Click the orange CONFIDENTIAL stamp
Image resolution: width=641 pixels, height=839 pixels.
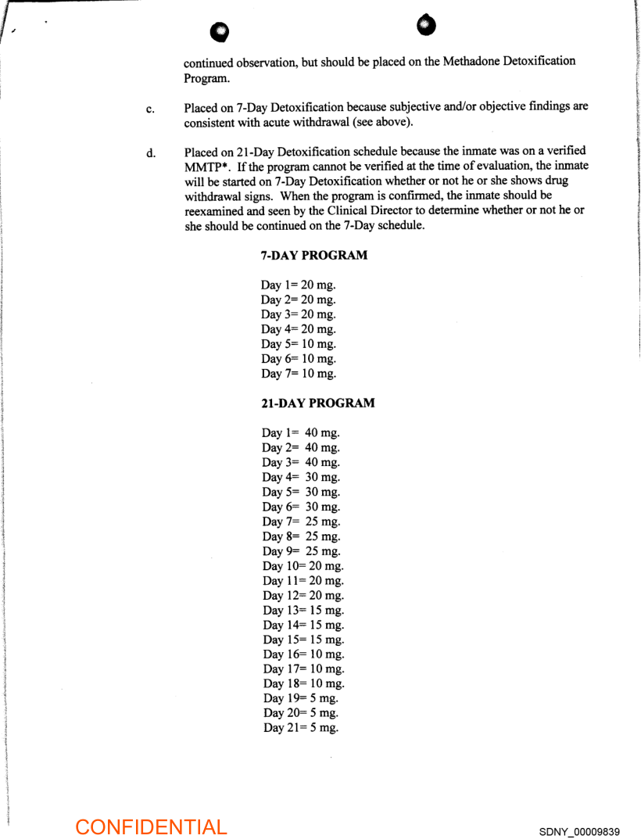(x=151, y=826)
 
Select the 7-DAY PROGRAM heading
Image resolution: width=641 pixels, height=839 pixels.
(x=313, y=256)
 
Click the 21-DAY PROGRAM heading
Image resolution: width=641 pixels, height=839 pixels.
(x=317, y=403)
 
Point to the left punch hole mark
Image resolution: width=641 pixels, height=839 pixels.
(x=223, y=30)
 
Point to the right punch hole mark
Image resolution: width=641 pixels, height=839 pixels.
(x=426, y=24)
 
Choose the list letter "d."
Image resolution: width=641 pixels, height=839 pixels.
(x=150, y=153)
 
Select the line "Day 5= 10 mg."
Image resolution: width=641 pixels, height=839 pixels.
(x=299, y=344)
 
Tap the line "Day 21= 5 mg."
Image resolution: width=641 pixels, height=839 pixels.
(x=301, y=728)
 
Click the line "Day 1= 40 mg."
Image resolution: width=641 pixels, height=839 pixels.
(x=301, y=432)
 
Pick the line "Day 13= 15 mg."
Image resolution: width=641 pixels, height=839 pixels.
(x=303, y=610)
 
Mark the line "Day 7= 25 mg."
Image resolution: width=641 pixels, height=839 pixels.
(x=301, y=522)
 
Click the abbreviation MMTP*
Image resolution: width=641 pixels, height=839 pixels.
(x=206, y=167)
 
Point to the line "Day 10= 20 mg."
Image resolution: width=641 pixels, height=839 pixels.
(x=303, y=566)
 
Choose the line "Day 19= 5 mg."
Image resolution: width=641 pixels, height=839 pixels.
(x=301, y=698)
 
